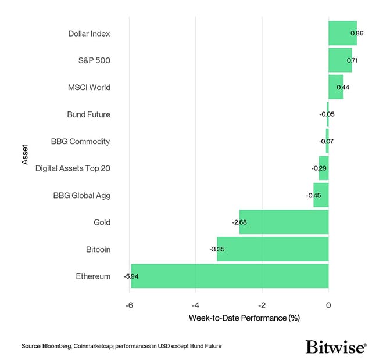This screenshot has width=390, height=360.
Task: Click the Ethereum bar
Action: [x=230, y=276]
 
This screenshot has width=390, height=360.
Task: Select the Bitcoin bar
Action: [x=273, y=249]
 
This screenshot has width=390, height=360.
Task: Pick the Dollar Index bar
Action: [x=342, y=33]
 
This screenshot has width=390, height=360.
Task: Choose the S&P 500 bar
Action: [x=340, y=60]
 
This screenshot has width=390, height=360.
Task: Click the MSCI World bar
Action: [x=335, y=87]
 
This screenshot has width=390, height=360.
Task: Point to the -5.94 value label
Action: [x=131, y=276]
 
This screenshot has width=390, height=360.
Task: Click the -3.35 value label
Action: [x=217, y=249]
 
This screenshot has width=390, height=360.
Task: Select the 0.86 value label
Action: [x=357, y=34]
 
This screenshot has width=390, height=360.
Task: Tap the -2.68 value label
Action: [x=239, y=222]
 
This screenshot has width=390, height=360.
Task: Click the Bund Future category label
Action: [x=88, y=114]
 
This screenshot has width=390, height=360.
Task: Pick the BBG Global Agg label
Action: [x=81, y=195]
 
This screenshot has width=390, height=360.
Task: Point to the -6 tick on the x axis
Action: [x=129, y=305]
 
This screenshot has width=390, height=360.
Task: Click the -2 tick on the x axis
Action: [x=262, y=305]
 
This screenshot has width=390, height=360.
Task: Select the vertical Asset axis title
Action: [x=25, y=154]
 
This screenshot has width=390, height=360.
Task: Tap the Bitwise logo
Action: [x=335, y=347]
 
